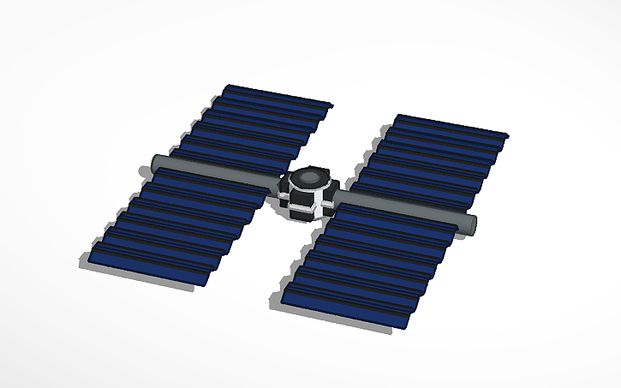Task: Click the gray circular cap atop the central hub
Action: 308,178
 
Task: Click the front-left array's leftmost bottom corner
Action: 90,259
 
